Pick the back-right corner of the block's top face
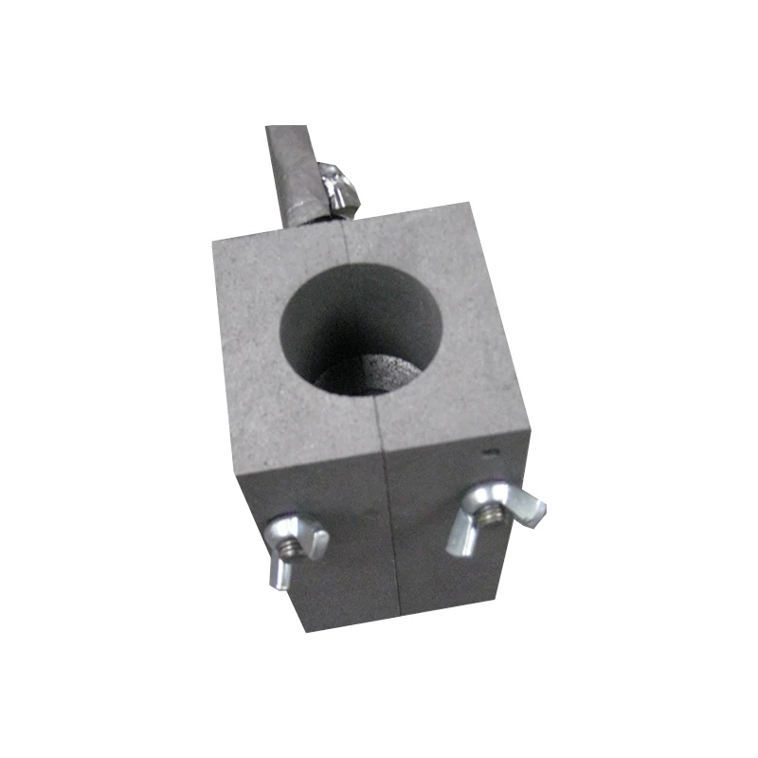tap(471, 203)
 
